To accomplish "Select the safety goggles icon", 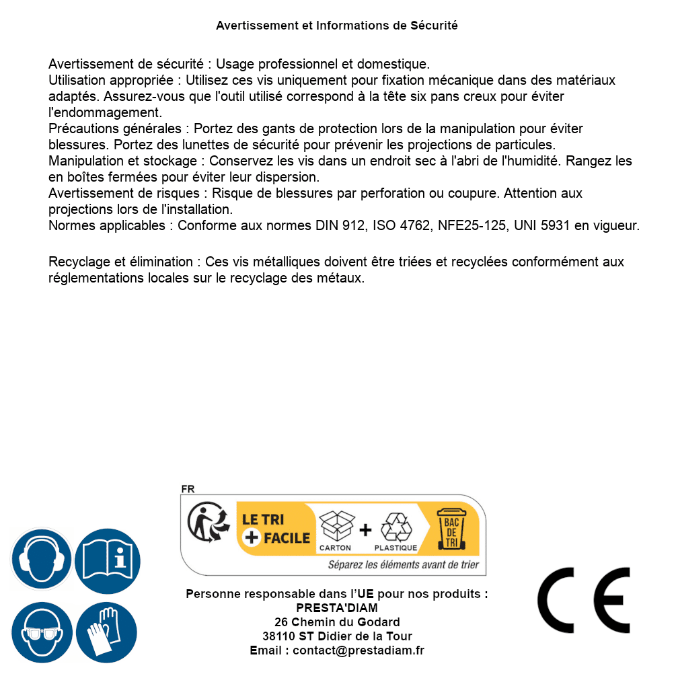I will [41, 633].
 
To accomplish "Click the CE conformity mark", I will [584, 600].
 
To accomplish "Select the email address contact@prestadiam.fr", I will [359, 650].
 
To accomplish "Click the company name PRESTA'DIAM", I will [337, 608].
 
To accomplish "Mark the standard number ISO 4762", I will [402, 225].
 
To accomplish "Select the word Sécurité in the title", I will [434, 26].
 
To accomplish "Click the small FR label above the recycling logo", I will [188, 489].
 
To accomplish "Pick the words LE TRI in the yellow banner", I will [262, 519].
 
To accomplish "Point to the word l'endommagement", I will [105, 112].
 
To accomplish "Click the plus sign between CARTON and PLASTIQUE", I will [365, 530].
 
